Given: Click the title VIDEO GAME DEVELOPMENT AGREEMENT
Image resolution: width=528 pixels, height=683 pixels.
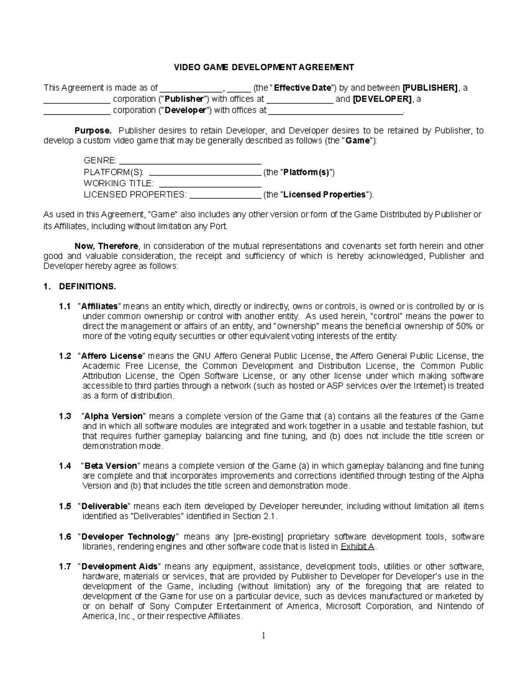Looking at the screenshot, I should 264,67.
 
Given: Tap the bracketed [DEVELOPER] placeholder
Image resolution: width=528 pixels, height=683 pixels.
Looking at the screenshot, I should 382,99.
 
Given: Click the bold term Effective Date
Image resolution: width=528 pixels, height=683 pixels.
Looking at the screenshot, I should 302,88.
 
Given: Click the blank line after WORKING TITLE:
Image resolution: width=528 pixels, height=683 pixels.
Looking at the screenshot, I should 209,183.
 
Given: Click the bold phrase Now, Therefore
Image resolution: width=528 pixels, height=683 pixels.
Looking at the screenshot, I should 106,246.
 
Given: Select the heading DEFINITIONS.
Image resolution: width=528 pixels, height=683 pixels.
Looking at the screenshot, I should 87,287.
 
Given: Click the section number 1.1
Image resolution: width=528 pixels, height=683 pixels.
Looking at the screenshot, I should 65,306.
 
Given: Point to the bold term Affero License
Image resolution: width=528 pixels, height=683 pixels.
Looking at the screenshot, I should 112,356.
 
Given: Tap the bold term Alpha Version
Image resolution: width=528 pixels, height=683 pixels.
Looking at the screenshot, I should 114,416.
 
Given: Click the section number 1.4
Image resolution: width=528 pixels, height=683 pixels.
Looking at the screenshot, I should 65,466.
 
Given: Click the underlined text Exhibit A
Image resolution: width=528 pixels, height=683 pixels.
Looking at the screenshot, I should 358,547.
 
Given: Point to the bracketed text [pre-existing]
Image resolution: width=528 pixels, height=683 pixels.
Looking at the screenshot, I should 259,537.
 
